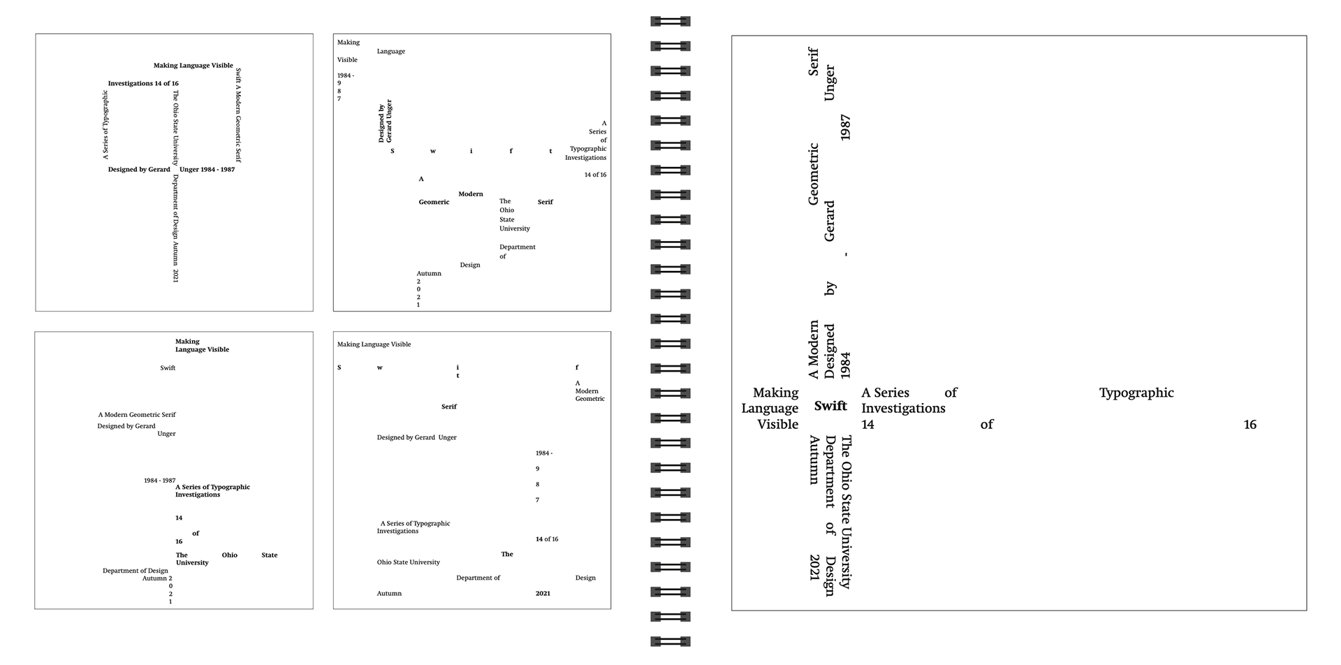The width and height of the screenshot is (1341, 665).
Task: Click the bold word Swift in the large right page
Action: tap(830, 406)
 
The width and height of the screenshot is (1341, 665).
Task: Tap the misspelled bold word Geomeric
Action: tap(434, 202)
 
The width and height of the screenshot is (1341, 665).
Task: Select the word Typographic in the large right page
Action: tap(1136, 393)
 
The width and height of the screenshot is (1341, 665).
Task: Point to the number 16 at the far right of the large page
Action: tap(1250, 424)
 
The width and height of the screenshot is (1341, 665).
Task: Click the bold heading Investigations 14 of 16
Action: tap(143, 83)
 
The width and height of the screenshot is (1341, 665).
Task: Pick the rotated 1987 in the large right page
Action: tap(845, 128)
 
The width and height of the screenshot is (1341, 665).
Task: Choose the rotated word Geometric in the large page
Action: tap(813, 175)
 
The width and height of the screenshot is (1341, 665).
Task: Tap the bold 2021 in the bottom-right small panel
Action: tap(543, 593)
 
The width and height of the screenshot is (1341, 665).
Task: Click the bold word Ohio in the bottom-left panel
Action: tap(230, 555)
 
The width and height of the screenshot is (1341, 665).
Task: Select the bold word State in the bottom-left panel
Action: tap(270, 555)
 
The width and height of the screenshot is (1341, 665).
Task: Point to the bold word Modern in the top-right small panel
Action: tap(471, 193)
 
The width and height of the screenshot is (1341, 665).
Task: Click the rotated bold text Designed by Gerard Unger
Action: tap(385, 121)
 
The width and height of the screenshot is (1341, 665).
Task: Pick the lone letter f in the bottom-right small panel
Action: tap(577, 367)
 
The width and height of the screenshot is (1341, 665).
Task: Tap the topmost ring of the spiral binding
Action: tap(670, 22)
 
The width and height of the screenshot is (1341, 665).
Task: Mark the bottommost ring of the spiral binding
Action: tap(670, 641)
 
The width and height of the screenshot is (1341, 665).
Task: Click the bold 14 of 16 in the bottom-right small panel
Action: tap(547, 539)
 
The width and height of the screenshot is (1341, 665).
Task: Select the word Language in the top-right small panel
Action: tap(391, 51)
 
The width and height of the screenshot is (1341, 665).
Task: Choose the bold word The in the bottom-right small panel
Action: tap(507, 554)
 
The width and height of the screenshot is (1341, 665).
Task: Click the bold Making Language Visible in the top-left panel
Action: tap(193, 65)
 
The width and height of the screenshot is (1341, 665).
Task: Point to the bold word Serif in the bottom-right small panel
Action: tap(449, 406)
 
